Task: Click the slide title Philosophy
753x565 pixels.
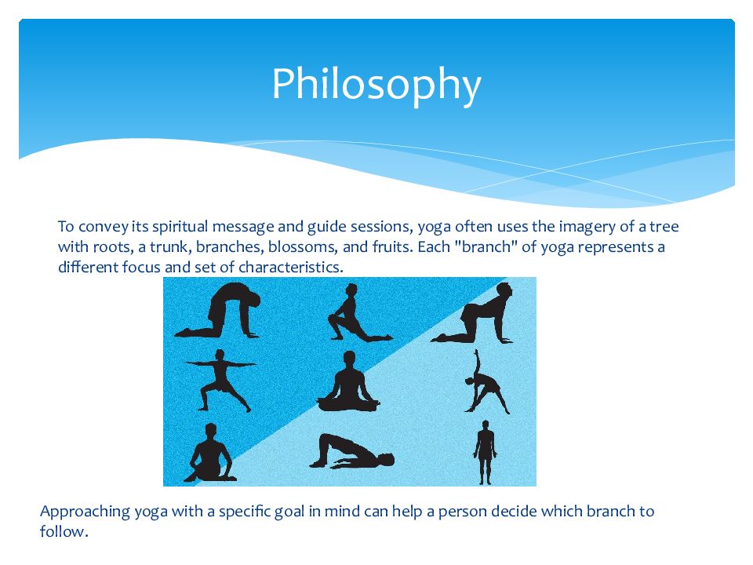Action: click(376, 85)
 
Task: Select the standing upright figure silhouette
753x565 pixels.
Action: click(485, 453)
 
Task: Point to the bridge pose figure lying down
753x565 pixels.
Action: click(351, 452)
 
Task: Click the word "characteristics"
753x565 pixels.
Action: click(290, 267)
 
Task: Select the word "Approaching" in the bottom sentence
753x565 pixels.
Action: click(85, 512)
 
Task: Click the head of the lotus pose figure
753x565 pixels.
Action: click(350, 359)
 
